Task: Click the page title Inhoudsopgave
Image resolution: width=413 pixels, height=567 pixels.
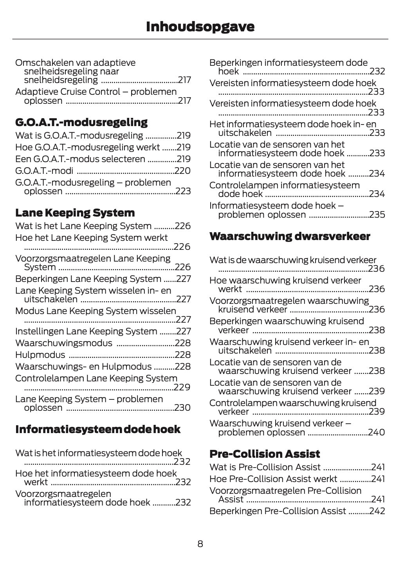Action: click(x=200, y=27)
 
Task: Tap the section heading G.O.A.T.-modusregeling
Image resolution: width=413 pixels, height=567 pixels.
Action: click(x=81, y=122)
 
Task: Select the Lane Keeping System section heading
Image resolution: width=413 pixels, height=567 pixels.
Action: click(x=75, y=213)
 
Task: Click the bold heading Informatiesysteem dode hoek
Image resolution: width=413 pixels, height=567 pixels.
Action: click(x=97, y=430)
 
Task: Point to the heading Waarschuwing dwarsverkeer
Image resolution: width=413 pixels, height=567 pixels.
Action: click(x=290, y=237)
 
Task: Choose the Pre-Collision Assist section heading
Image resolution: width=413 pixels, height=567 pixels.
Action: click(x=265, y=454)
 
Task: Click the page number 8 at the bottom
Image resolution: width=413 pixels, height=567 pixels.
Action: click(x=200, y=544)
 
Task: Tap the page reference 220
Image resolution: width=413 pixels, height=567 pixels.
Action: click(x=183, y=171)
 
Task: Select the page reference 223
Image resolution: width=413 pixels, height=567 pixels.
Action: click(x=183, y=191)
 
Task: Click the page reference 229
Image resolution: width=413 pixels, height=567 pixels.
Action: click(x=182, y=388)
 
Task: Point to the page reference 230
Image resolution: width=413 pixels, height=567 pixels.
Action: click(x=182, y=408)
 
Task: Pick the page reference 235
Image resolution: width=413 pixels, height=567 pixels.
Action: click(x=377, y=215)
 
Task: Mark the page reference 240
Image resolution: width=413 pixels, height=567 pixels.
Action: click(x=377, y=433)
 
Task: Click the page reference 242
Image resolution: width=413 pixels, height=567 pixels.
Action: click(x=377, y=511)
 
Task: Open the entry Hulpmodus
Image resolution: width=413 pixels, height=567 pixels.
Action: click(x=40, y=355)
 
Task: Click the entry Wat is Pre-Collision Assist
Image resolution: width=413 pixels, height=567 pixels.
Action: click(x=265, y=468)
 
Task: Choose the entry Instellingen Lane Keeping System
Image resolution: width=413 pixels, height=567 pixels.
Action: click(x=86, y=332)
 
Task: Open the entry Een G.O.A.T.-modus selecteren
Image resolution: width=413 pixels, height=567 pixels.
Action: click(x=80, y=159)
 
